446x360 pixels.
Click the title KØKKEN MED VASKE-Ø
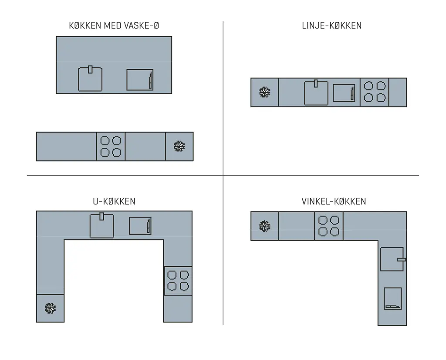114,26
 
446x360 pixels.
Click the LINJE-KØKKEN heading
331,26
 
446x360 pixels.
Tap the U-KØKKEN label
114,201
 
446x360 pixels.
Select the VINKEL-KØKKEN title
334,201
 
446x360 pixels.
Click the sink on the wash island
90,79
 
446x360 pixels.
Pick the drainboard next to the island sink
140,80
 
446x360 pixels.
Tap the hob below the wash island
111,146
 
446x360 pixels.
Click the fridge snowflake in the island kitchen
179,146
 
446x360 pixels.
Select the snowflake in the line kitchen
265,92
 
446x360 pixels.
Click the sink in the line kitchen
316,93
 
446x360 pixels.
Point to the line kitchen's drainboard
344,93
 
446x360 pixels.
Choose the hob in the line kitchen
375,92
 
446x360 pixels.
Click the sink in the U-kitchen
101,226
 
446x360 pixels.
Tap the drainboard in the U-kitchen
140,226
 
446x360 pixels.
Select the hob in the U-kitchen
178,281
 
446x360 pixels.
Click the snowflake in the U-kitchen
50,308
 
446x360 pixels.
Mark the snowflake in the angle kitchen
265,226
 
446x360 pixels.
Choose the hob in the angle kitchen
329,226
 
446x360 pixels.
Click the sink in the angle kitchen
392,259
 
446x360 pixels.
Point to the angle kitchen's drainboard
393,299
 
